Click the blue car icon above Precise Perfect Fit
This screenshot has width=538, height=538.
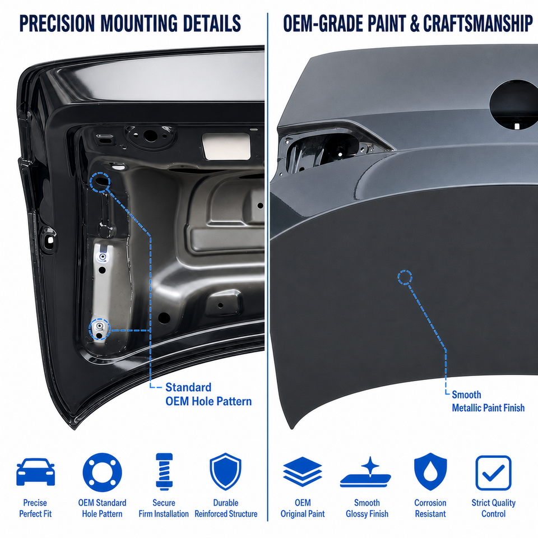(x=35, y=472)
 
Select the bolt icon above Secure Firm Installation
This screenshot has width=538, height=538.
(x=164, y=471)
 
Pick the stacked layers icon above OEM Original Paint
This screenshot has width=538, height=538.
(x=302, y=471)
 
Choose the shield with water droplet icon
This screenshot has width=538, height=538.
(x=430, y=471)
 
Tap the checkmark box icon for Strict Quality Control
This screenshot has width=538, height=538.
(x=493, y=473)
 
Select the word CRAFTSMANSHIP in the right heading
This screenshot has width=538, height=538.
(x=477, y=24)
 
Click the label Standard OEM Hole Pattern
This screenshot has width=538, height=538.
(x=208, y=394)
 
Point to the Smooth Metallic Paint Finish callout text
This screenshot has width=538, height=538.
(x=488, y=401)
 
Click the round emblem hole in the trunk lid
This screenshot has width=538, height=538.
(x=514, y=103)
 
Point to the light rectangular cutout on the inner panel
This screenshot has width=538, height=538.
(x=226, y=146)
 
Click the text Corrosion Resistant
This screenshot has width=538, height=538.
(x=430, y=508)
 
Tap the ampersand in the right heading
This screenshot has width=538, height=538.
(x=415, y=24)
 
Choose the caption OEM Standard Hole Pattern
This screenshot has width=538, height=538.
(x=102, y=508)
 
